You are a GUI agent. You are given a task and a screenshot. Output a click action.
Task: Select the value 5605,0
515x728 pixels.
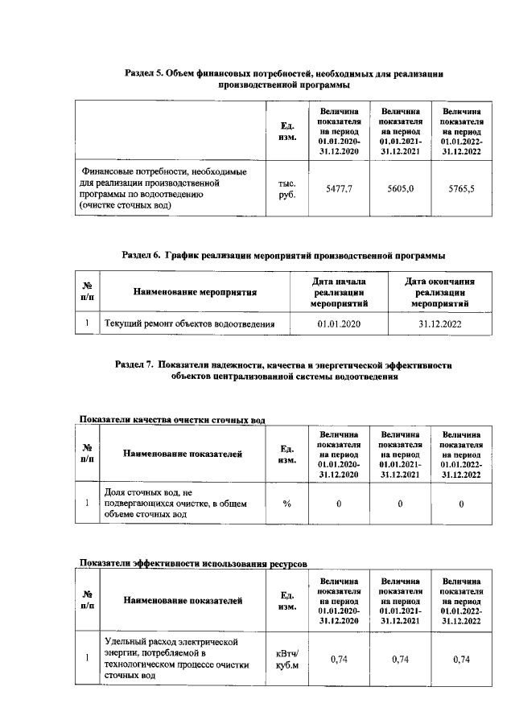(x=399, y=188)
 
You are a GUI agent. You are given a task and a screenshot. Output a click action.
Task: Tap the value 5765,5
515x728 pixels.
(x=461, y=188)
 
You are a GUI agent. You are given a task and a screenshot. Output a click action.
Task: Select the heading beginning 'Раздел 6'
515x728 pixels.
(x=282, y=255)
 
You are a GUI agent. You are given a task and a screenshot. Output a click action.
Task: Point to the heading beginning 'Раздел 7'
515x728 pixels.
(x=284, y=369)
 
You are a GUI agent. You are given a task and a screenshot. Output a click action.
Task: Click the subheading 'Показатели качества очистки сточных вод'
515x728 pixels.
(x=171, y=419)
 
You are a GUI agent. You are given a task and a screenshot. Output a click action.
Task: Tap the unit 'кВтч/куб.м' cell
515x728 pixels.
(x=286, y=660)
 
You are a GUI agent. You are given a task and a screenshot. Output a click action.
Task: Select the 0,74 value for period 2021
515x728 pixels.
(x=399, y=660)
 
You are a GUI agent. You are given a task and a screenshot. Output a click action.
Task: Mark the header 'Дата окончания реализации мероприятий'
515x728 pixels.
(x=439, y=293)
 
